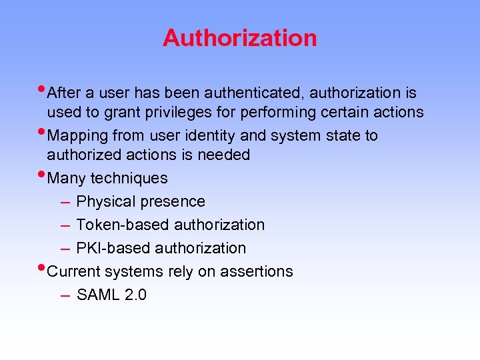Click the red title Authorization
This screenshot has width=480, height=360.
click(239, 37)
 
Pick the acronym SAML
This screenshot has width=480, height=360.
click(98, 295)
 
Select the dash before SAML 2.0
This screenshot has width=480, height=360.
click(65, 295)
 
